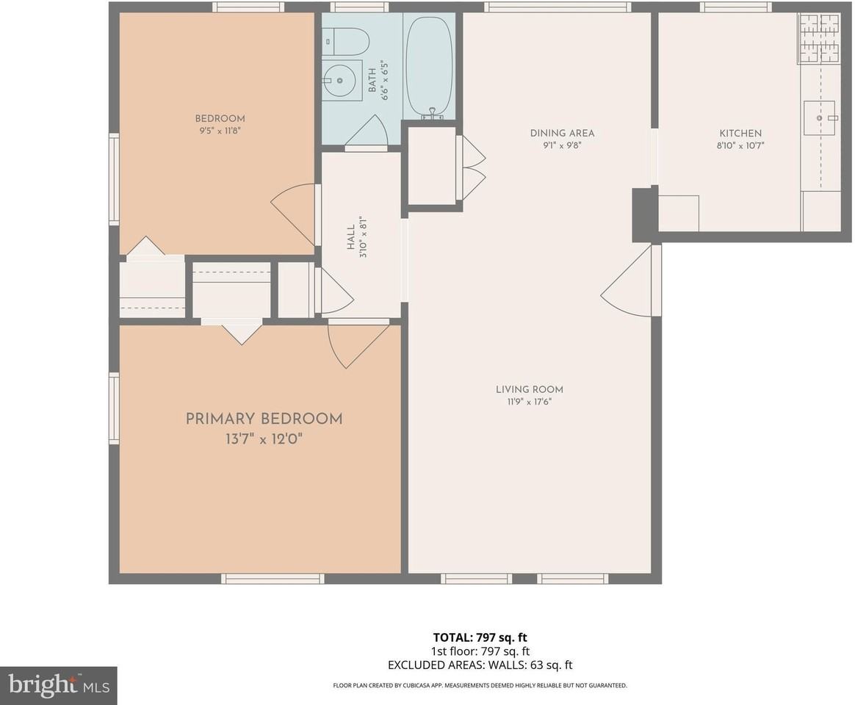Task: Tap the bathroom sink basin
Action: [x=340, y=79]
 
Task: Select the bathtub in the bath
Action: [x=429, y=66]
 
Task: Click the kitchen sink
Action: [x=819, y=118]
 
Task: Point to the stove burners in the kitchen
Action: [x=819, y=37]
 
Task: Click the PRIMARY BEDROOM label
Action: [x=264, y=419]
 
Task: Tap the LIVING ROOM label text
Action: [x=529, y=389]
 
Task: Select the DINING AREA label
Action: [x=562, y=133]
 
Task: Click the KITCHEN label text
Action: [x=740, y=133]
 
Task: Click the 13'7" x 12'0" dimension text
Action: [x=264, y=440]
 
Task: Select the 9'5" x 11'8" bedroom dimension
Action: [x=220, y=131]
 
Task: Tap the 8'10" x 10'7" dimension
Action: [x=740, y=145]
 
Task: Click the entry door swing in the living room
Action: [x=628, y=283]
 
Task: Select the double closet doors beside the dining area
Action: [x=470, y=167]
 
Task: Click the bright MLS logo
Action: [x=58, y=685]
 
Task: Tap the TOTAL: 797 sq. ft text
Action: [x=480, y=637]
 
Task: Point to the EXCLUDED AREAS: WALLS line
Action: [x=480, y=665]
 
